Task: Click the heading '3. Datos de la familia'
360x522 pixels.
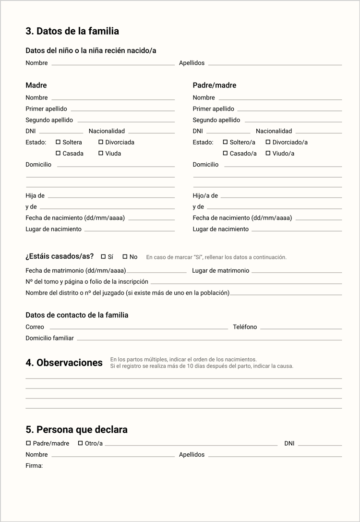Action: pyautogui.click(x=72, y=31)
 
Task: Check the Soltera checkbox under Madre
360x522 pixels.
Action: pyautogui.click(x=58, y=142)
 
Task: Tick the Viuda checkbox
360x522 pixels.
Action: pyautogui.click(x=101, y=153)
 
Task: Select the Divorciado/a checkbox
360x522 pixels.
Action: pyautogui.click(x=268, y=142)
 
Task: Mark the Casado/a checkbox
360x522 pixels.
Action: pyautogui.click(x=225, y=153)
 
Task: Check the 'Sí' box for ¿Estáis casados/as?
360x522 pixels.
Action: pyautogui.click(x=103, y=256)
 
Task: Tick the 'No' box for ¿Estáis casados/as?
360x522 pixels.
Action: pyautogui.click(x=125, y=256)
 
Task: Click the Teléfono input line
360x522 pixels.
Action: pyautogui.click(x=301, y=328)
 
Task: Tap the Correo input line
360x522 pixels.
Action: pyautogui.click(x=139, y=328)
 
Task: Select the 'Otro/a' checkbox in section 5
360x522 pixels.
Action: pyautogui.click(x=81, y=443)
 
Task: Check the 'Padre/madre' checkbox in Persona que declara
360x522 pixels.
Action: pyautogui.click(x=28, y=443)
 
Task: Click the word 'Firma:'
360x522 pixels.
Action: pyautogui.click(x=34, y=465)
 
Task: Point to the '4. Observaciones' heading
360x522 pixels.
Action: pyautogui.click(x=64, y=363)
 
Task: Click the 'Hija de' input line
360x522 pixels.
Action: pyautogui.click(x=111, y=196)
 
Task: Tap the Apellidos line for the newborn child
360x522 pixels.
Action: pyautogui.click(x=275, y=64)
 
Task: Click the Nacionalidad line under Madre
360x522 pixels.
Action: pyautogui.click(x=151, y=132)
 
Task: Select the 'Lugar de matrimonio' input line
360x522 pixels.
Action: pyautogui.click(x=297, y=272)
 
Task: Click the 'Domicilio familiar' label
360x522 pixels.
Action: pyautogui.click(x=49, y=338)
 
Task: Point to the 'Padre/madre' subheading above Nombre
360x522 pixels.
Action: pyautogui.click(x=215, y=85)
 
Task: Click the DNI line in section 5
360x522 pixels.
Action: pyautogui.click(x=320, y=445)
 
